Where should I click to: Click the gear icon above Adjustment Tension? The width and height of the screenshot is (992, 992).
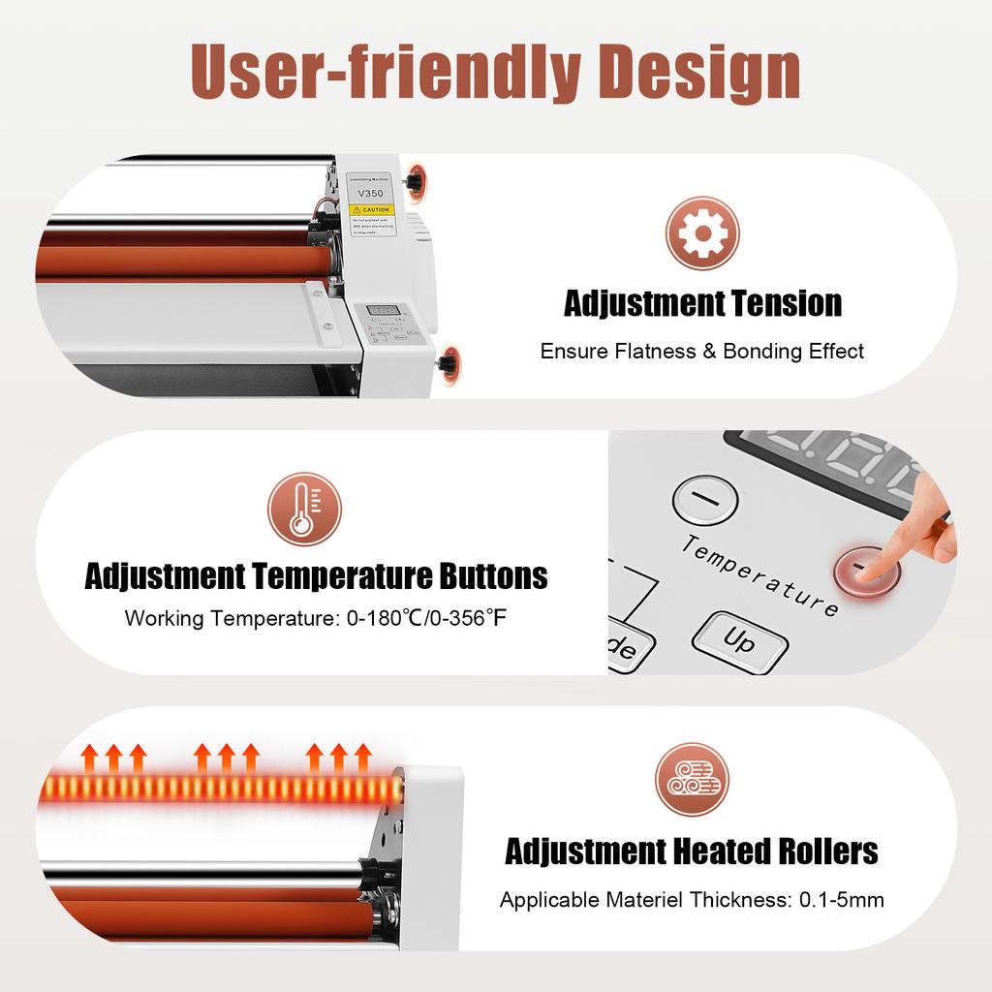click(x=702, y=232)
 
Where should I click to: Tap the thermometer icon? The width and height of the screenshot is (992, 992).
click(x=304, y=509)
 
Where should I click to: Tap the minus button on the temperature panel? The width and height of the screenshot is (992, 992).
click(x=704, y=500)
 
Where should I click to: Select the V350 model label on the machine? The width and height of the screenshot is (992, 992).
click(x=368, y=192)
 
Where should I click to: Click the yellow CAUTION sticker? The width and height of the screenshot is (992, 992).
click(x=369, y=209)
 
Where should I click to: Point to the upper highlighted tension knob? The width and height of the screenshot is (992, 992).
click(x=417, y=181)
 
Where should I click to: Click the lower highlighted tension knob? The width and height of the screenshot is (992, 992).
click(x=448, y=364)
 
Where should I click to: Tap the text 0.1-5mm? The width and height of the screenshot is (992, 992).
click(x=841, y=900)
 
